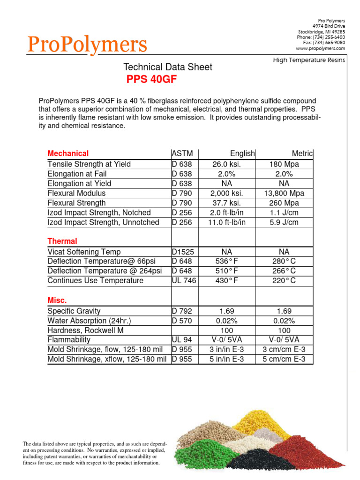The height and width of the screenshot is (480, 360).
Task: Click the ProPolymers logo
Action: (x=87, y=45)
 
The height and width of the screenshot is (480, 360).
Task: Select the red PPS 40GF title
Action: (x=151, y=80)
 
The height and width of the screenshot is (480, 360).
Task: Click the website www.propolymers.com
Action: (x=320, y=48)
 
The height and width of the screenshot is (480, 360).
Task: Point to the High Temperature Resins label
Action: (x=310, y=60)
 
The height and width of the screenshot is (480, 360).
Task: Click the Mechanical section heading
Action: (x=68, y=154)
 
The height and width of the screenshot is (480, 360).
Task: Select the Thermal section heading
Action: (x=62, y=241)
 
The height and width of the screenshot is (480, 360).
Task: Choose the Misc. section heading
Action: (x=57, y=300)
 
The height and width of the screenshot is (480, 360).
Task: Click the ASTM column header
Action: (x=182, y=154)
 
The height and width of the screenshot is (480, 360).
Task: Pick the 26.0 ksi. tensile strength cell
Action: (x=227, y=164)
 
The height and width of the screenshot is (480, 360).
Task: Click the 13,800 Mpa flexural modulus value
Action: (x=284, y=193)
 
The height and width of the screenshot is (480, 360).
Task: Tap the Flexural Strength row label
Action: (x=76, y=203)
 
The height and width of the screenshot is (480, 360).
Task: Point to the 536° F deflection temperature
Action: (x=227, y=261)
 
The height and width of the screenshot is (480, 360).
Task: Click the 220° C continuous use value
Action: (x=284, y=281)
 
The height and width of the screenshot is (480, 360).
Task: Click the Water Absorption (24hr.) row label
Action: (x=90, y=321)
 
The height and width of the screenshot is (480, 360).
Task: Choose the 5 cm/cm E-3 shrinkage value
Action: (x=284, y=360)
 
